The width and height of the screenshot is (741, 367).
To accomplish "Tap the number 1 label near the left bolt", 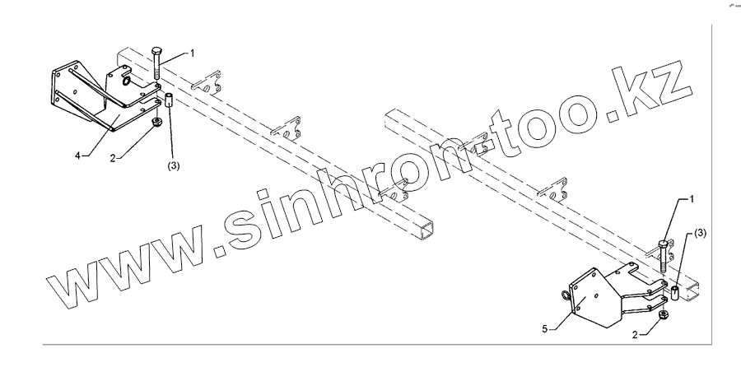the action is click(x=193, y=53).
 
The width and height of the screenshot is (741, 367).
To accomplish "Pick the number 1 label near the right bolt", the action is click(x=692, y=200).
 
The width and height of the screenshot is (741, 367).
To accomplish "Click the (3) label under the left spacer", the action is click(x=174, y=165).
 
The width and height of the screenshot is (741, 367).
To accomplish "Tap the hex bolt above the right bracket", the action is click(x=664, y=255).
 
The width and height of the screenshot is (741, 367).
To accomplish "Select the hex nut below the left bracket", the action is click(x=155, y=124).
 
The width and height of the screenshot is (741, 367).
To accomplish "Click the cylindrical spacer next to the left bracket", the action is click(x=167, y=107).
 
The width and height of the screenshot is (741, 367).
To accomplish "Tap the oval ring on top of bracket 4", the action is click(x=125, y=81).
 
